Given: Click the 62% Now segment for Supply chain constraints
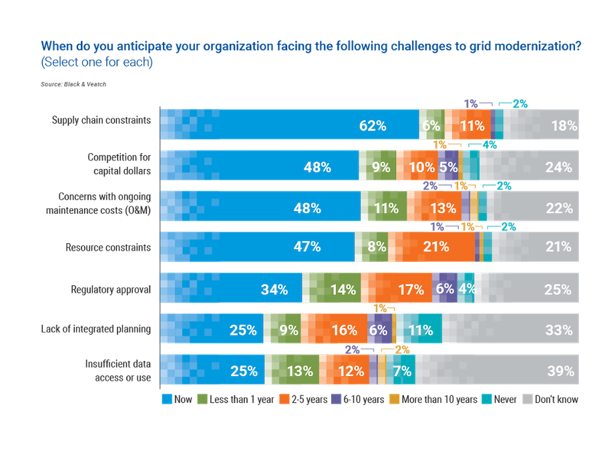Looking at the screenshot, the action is [x=289, y=124].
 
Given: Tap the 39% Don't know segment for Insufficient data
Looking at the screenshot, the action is [x=497, y=369].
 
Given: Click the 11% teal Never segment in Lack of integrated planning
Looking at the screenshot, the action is [x=419, y=329].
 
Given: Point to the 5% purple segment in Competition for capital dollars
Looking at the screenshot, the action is [x=448, y=165].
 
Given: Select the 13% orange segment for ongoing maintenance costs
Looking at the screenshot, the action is [x=434, y=206].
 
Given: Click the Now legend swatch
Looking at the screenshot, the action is [x=167, y=399].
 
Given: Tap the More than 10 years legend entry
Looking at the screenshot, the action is [x=433, y=399].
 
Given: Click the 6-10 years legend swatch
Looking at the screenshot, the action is [x=336, y=399].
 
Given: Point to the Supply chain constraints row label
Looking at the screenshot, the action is [x=101, y=120].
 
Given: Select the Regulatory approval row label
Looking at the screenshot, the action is [x=111, y=290].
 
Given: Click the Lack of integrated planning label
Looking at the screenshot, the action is [x=95, y=329].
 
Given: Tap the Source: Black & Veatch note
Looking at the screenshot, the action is [x=73, y=84].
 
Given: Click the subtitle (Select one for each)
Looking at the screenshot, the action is [x=97, y=62].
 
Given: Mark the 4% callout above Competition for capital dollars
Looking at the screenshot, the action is [x=489, y=145].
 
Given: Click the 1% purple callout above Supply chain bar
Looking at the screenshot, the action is [x=471, y=104].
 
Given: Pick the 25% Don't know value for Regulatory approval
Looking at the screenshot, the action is [x=558, y=290].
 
